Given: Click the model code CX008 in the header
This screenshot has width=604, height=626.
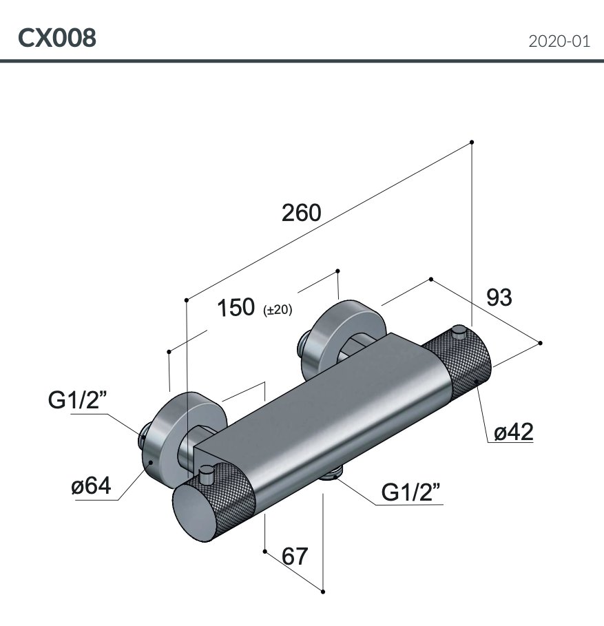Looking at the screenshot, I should pyautogui.click(x=57, y=38).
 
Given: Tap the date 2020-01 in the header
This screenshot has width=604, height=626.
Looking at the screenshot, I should pyautogui.click(x=559, y=41).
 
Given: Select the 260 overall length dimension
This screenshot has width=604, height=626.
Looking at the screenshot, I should pyautogui.click(x=302, y=213).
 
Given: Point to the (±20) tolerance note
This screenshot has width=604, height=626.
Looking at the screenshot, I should pyautogui.click(x=278, y=311).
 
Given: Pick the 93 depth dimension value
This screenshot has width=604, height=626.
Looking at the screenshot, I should pyautogui.click(x=499, y=298).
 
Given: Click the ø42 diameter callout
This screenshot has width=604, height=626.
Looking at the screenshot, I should pyautogui.click(x=514, y=432).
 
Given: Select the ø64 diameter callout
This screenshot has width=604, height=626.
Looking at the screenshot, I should pyautogui.click(x=90, y=486).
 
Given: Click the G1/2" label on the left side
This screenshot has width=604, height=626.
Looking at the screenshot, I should pyautogui.click(x=77, y=401).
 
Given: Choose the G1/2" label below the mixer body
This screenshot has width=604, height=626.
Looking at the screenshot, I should pyautogui.click(x=411, y=492).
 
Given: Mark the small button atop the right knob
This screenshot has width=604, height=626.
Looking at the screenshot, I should pyautogui.click(x=459, y=334).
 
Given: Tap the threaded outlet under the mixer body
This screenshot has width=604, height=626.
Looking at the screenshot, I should pyautogui.click(x=334, y=472).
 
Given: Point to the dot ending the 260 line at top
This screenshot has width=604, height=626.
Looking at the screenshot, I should pyautogui.click(x=472, y=143).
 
